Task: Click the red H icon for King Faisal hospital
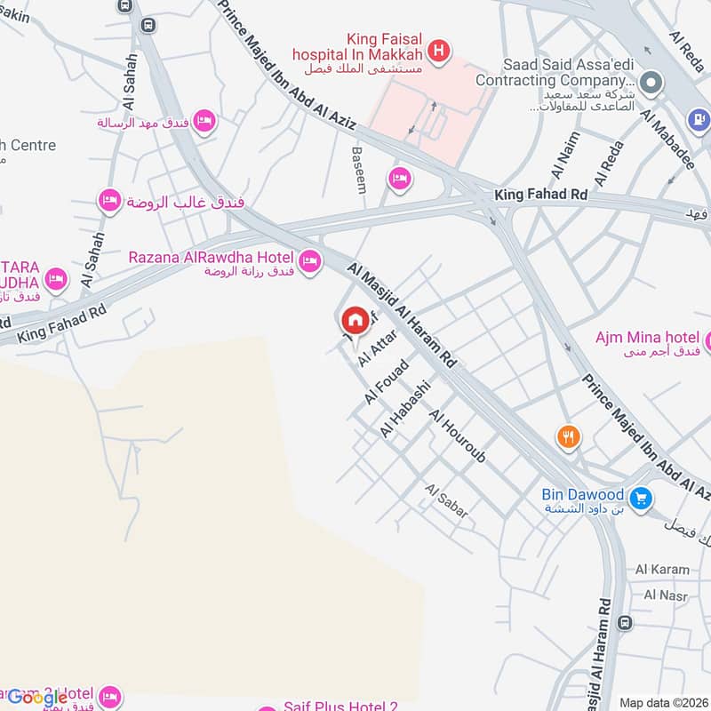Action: click(x=437, y=52)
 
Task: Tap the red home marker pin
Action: click(x=355, y=321)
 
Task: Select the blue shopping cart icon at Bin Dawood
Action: click(x=640, y=498)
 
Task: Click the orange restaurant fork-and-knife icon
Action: click(x=568, y=436)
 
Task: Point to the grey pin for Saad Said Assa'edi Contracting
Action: click(x=651, y=82)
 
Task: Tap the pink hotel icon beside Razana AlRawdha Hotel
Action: click(x=309, y=260)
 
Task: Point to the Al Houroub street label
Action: click(x=458, y=436)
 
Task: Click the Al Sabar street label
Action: click(x=446, y=501)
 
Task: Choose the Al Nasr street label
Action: click(x=662, y=595)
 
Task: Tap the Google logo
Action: click(x=37, y=697)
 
